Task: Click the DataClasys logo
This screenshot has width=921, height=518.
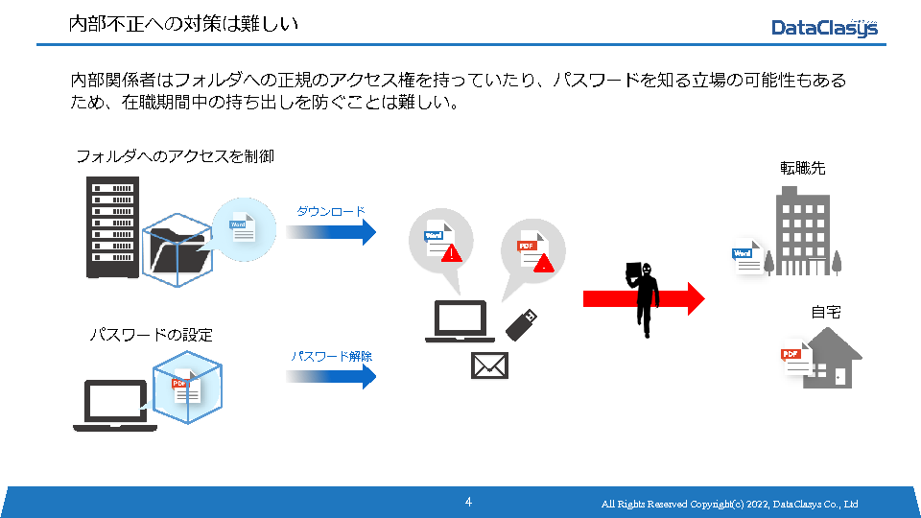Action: pyautogui.click(x=824, y=28)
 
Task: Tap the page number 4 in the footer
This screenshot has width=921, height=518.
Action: pyautogui.click(x=468, y=502)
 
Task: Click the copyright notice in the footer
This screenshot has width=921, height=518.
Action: pyautogui.click(x=729, y=505)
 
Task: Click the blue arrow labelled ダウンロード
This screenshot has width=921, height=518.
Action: pyautogui.click(x=331, y=231)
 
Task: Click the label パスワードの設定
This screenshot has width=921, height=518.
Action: pyautogui.click(x=152, y=335)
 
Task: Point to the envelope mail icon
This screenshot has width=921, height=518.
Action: pyautogui.click(x=489, y=365)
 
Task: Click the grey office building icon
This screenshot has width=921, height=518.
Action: pyautogui.click(x=804, y=230)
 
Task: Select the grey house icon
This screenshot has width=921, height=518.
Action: pyautogui.click(x=832, y=358)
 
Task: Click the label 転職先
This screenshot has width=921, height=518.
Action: pyautogui.click(x=803, y=168)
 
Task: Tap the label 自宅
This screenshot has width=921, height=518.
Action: pyautogui.click(x=825, y=312)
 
